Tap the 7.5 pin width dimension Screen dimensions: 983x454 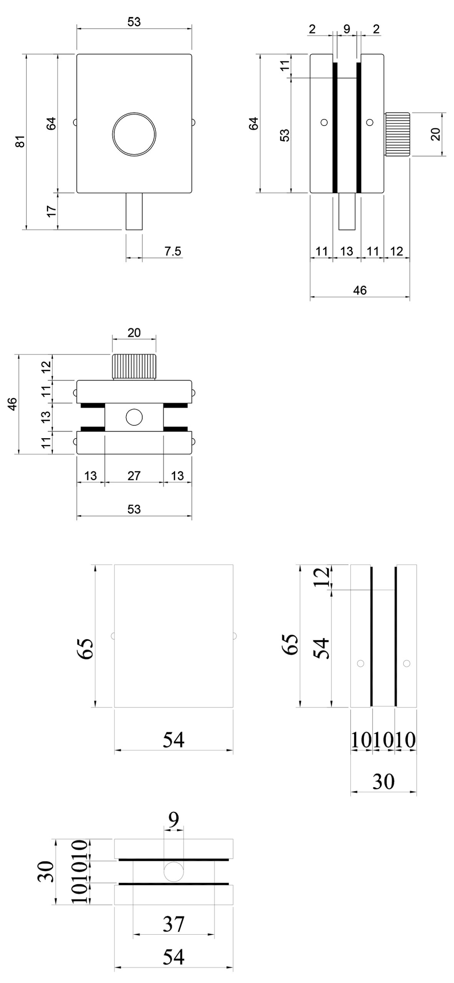(172, 251)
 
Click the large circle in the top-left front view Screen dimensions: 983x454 (134, 134)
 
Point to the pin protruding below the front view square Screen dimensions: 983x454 (134, 211)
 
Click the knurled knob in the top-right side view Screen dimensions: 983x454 (397, 134)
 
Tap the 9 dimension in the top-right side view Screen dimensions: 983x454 (346, 29)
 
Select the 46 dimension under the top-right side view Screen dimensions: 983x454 (360, 290)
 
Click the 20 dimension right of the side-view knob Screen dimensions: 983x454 (436, 134)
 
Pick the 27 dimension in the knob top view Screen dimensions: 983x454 (134, 476)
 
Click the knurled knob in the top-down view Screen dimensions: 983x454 (134, 367)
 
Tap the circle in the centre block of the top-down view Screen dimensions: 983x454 (134, 417)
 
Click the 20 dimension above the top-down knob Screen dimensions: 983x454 (134, 332)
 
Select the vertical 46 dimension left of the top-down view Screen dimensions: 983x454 (13, 404)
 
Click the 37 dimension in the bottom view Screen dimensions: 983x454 (174, 924)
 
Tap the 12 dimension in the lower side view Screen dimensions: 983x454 (322, 577)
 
